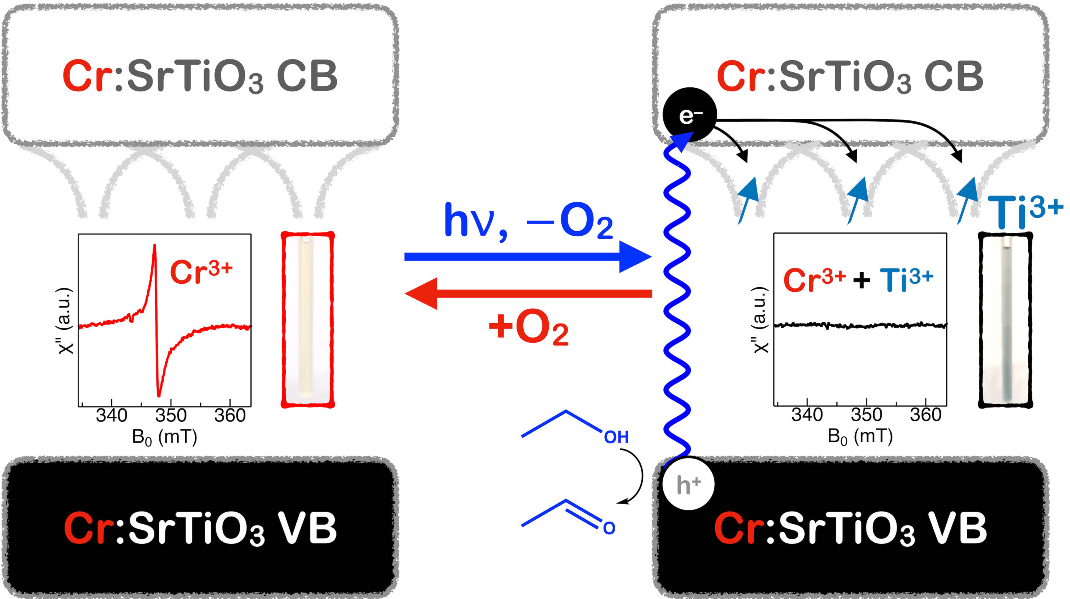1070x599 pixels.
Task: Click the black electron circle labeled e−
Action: pyautogui.click(x=690, y=115)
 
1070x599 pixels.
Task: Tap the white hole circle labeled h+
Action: pyautogui.click(x=688, y=484)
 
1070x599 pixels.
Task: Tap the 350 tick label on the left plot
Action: pyautogui.click(x=171, y=416)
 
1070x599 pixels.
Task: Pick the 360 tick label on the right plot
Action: pyautogui.click(x=925, y=415)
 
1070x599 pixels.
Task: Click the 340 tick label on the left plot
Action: pyautogui.click(x=111, y=416)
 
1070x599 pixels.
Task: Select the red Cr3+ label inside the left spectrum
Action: pyautogui.click(x=201, y=272)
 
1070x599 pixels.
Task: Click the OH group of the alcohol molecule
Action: pyautogui.click(x=616, y=438)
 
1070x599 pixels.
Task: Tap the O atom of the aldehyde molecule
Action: pyautogui.click(x=609, y=528)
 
